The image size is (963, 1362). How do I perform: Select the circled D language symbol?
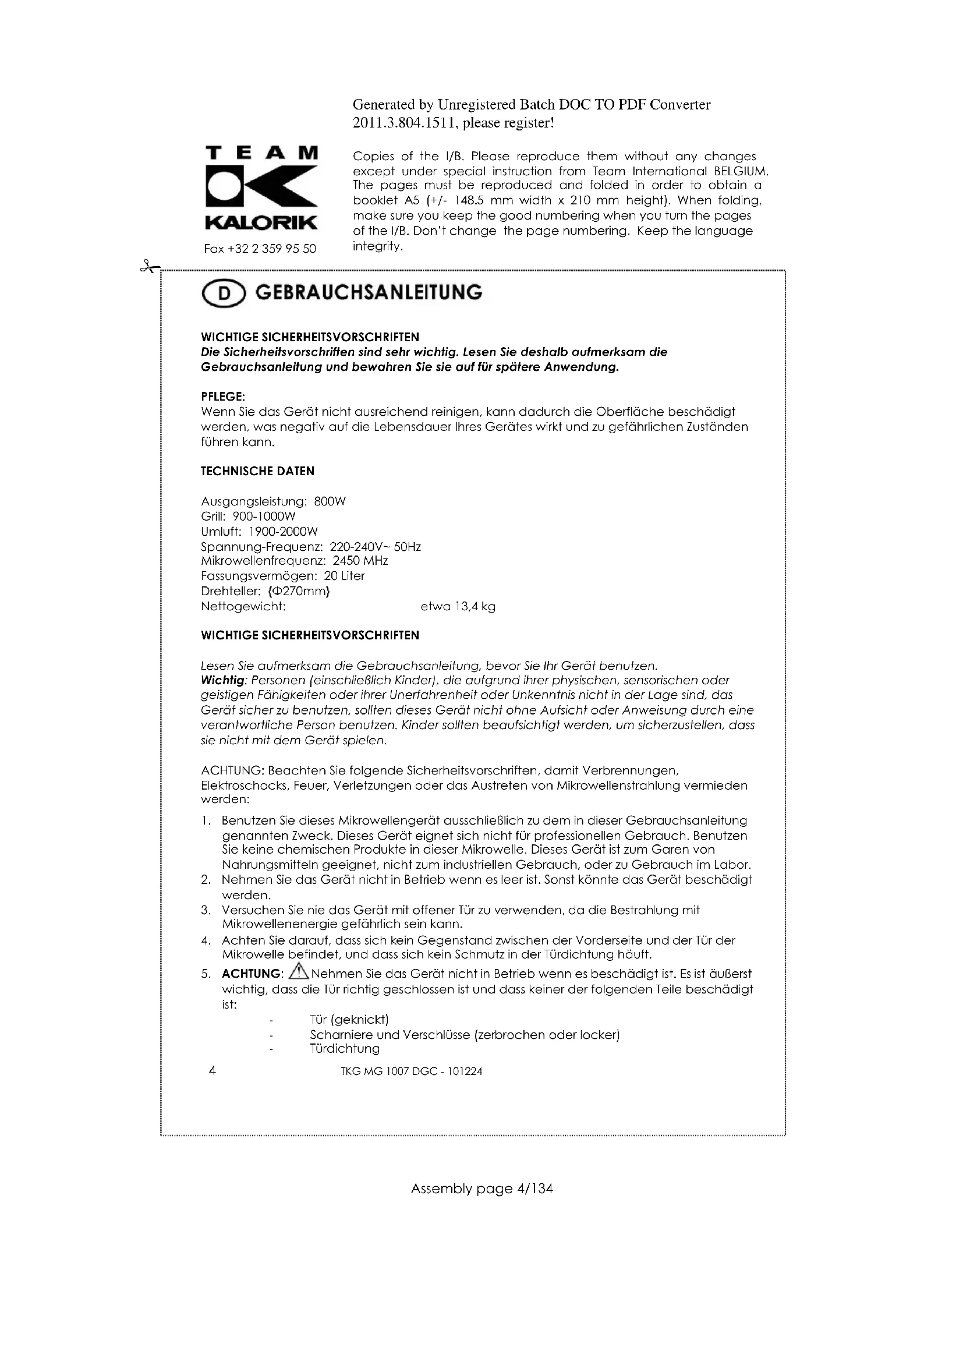click(x=223, y=293)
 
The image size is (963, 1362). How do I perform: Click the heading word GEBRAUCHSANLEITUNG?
click(x=368, y=292)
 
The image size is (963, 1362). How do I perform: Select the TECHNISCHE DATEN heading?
click(x=257, y=471)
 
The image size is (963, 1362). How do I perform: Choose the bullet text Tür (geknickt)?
click(x=349, y=1019)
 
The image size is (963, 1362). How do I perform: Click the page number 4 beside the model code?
click(x=213, y=1070)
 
